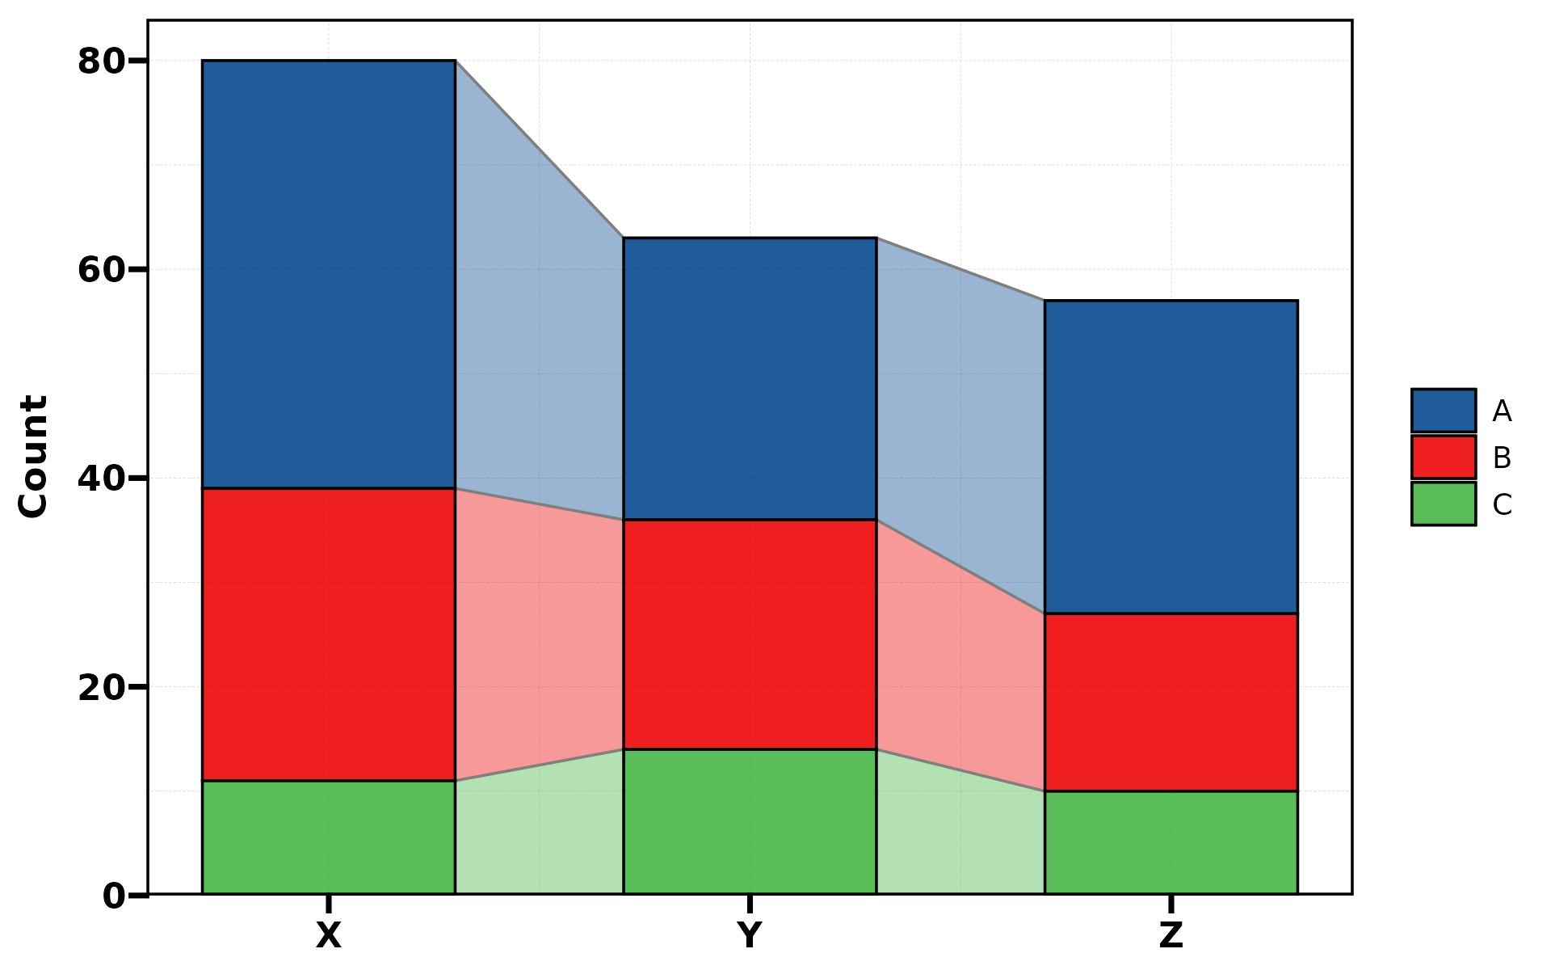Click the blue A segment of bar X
pos(329,274)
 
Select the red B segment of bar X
pos(329,635)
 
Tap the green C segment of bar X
pos(329,837)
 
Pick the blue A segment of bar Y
pos(750,378)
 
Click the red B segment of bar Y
pos(750,635)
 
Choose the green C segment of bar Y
pos(750,821)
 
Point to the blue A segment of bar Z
pos(1171,457)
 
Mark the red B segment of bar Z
pos(1171,702)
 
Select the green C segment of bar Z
pos(1171,842)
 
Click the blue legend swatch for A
pos(1443,411)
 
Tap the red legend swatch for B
pos(1443,458)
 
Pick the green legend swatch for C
pos(1443,504)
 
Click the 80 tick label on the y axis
pos(101,61)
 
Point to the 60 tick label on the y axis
pos(101,270)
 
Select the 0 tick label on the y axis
pos(114,896)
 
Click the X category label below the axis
pos(329,935)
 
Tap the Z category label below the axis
pos(1171,935)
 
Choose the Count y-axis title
pos(34,457)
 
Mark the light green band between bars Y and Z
pos(960,833)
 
